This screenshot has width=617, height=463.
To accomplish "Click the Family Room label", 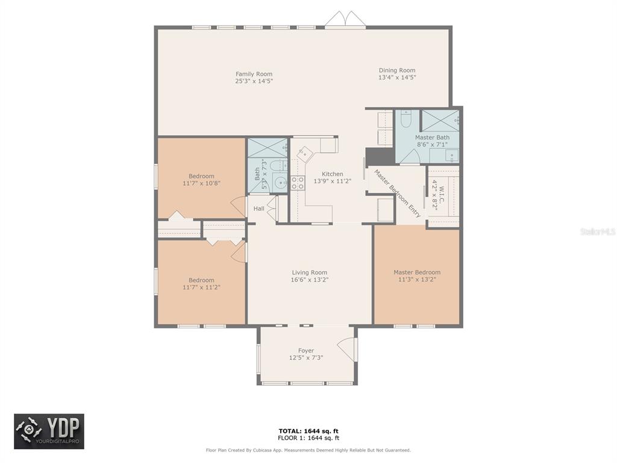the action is [254, 74].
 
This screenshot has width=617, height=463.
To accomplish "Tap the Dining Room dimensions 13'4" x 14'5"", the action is [397, 78].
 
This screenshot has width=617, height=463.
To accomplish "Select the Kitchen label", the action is [333, 174].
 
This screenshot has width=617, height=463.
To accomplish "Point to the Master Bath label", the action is [432, 137].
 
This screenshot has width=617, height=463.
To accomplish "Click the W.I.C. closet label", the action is [441, 195].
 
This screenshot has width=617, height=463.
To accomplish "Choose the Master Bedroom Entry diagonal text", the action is [398, 194].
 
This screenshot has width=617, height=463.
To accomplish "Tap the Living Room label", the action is [309, 272].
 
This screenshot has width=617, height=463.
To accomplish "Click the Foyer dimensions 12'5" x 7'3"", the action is [306, 358].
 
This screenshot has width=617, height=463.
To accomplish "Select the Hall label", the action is [259, 209].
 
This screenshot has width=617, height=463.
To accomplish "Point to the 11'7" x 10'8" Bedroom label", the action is [201, 177].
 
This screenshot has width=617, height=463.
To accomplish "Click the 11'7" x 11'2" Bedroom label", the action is [201, 280].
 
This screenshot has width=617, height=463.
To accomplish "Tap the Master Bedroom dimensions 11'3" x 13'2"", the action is [417, 280].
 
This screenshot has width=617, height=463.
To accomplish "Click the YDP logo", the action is [49, 431].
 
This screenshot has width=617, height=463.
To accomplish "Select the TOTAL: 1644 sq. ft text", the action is [308, 431].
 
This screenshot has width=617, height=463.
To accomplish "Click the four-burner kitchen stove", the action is [298, 183].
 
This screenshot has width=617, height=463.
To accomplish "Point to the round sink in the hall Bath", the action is [280, 183].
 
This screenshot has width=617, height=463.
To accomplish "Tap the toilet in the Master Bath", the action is [406, 119].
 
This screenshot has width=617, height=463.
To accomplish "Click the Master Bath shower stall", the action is [440, 121].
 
